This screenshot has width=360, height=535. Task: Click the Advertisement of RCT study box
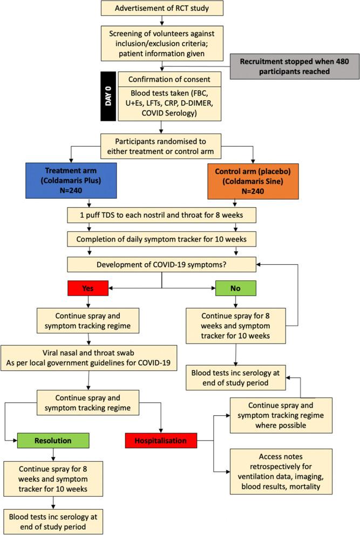coord(162,9)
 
